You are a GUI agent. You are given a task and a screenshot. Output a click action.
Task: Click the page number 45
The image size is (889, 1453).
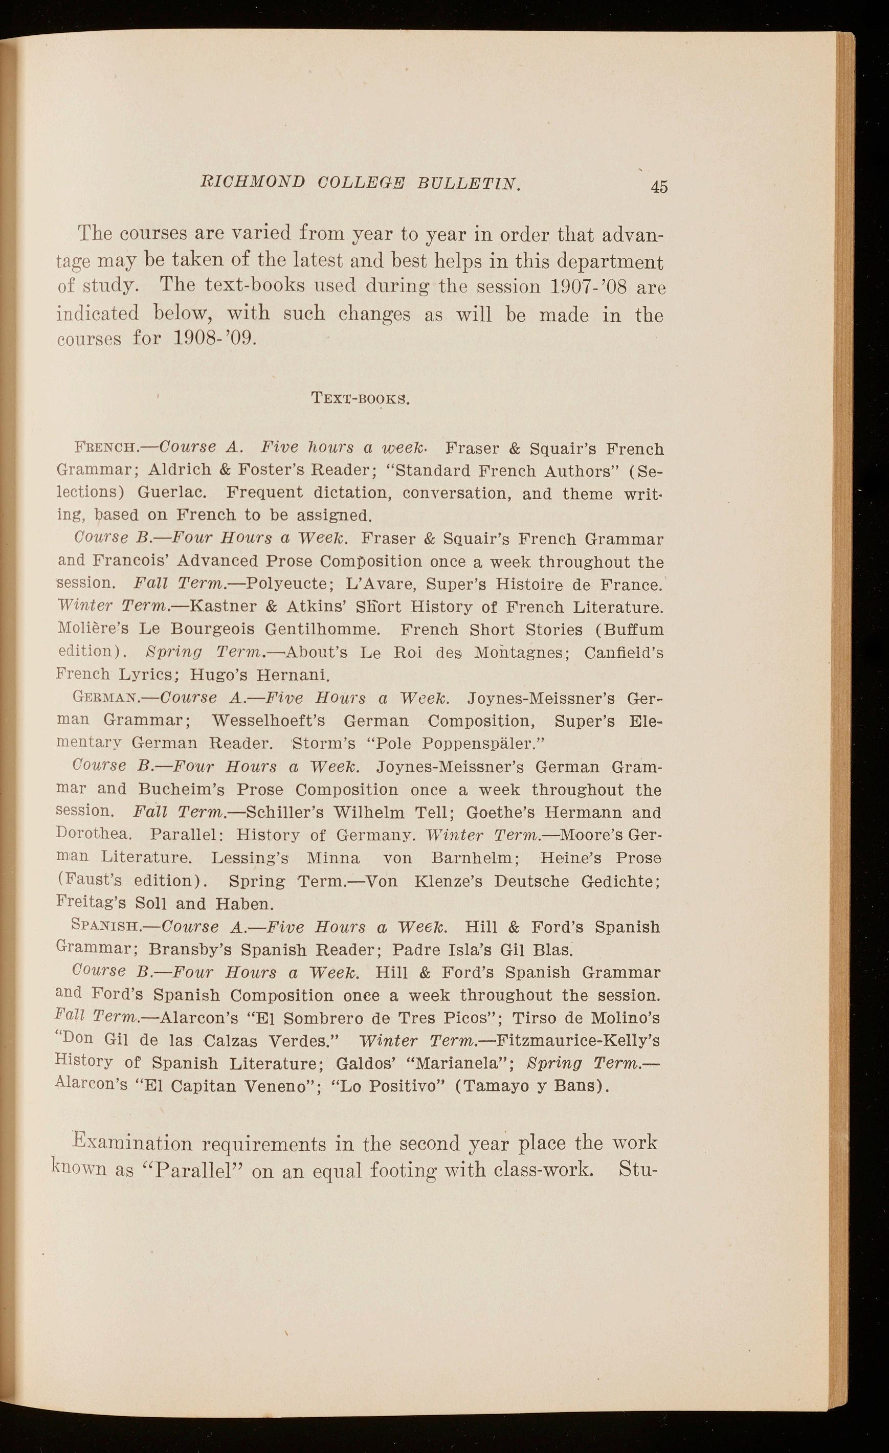pos(659,187)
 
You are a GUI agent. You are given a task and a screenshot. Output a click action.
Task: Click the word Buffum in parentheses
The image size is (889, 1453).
pos(631,630)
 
